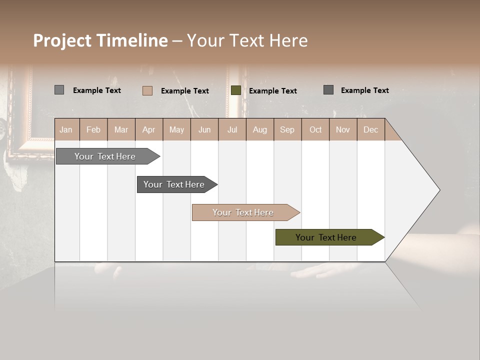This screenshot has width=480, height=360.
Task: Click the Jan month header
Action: pyautogui.click(x=66, y=130)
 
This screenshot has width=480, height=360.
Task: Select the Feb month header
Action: pyautogui.click(x=93, y=130)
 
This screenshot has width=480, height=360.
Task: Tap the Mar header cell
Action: pyautogui.click(x=121, y=130)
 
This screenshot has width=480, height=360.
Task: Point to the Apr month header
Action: pyautogui.click(x=149, y=130)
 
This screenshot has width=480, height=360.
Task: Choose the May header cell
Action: pyautogui.click(x=176, y=130)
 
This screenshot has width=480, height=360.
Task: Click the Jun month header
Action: pyautogui.click(x=204, y=130)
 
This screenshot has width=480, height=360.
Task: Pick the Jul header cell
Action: pyautogui.click(x=232, y=130)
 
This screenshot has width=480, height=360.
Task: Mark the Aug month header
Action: pyautogui.click(x=260, y=130)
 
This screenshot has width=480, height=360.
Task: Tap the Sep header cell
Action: pyautogui.click(x=287, y=130)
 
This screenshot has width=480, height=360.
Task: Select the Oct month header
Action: pyautogui.click(x=315, y=130)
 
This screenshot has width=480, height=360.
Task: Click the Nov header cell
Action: pyautogui.click(x=343, y=130)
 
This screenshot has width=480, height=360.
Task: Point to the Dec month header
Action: pyautogui.click(x=371, y=130)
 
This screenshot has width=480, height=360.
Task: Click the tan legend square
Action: pyautogui.click(x=147, y=90)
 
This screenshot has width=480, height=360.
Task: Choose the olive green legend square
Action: pyautogui.click(x=236, y=90)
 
